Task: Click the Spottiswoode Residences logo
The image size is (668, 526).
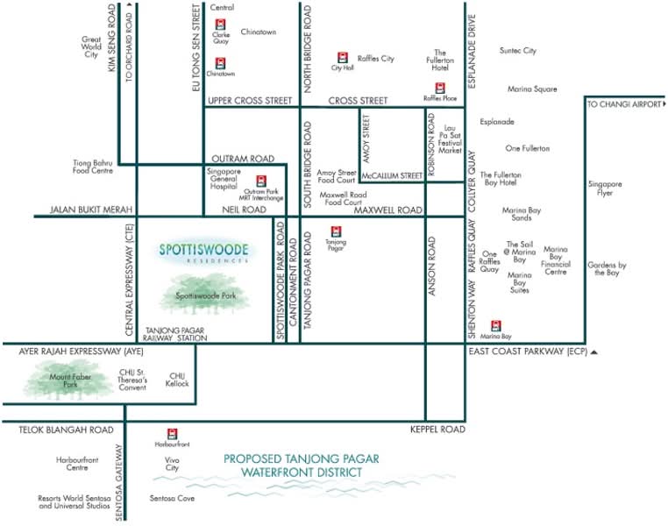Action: (204, 252)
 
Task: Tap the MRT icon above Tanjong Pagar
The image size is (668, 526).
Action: (336, 231)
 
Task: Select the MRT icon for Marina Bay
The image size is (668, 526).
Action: (495, 326)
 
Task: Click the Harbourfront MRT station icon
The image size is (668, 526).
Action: (172, 434)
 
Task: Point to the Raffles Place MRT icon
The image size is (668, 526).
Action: (440, 89)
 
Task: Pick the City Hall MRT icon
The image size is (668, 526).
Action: (343, 58)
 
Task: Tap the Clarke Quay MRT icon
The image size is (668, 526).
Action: (220, 25)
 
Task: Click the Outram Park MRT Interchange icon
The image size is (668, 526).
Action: (261, 181)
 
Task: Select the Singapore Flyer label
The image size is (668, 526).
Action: (605, 188)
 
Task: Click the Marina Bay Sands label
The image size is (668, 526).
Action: (522, 214)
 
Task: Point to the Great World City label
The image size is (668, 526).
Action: (91, 46)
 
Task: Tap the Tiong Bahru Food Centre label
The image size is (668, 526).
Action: (92, 167)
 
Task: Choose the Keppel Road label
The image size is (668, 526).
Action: (437, 430)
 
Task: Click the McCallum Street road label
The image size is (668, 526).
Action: (392, 175)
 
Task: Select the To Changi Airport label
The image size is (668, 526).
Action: (624, 104)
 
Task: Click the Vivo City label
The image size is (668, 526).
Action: (172, 464)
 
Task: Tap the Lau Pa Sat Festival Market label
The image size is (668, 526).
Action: (450, 139)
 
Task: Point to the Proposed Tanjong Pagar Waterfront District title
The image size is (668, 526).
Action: (302, 466)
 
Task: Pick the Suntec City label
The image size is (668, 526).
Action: (517, 51)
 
